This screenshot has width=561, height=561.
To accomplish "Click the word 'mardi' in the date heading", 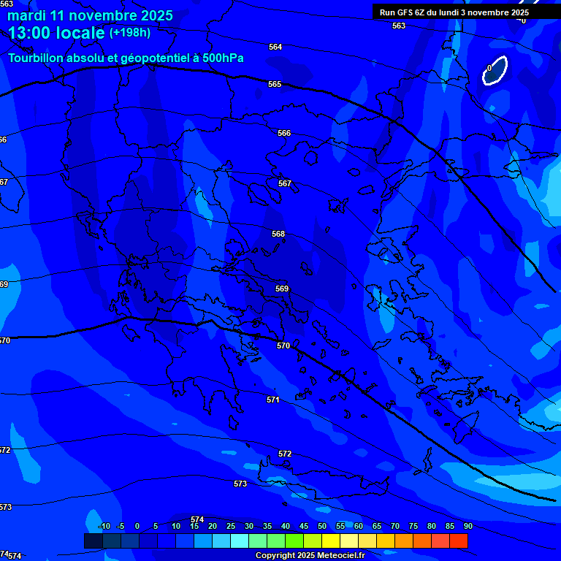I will [x=26, y=15].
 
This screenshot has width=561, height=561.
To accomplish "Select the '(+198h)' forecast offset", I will [x=130, y=33].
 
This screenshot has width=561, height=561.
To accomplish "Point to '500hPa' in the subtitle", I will [x=223, y=58].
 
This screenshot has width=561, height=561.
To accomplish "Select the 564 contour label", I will [x=275, y=47].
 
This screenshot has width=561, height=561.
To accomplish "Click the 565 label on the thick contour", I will [x=275, y=85].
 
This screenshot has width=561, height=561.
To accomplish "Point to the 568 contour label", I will [x=278, y=234].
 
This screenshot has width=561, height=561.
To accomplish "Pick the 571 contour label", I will [x=273, y=400].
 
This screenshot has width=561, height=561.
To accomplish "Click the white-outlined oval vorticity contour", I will [x=495, y=71].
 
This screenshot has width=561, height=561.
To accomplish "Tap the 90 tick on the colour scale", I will [x=467, y=527].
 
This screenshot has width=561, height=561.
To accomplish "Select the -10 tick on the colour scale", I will [x=104, y=527].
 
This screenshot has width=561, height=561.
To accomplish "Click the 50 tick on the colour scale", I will [x=322, y=527].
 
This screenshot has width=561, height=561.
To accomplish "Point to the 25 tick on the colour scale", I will [x=231, y=527].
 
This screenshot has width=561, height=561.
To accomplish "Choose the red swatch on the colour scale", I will [x=458, y=541].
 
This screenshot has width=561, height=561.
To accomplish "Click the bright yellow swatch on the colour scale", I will [x=330, y=541].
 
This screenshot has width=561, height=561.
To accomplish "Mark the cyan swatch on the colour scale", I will [x=239, y=541].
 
